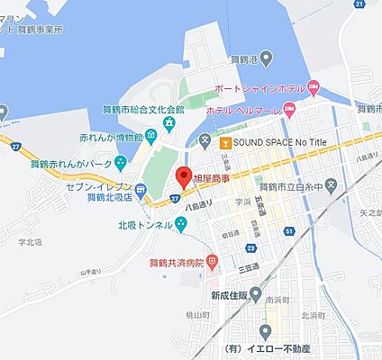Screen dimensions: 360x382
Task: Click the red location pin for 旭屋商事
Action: [183, 176]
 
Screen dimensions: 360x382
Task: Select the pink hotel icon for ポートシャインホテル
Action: [314, 87]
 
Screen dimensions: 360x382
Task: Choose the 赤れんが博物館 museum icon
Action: [149, 136]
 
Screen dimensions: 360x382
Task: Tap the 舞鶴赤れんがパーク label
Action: [71, 165]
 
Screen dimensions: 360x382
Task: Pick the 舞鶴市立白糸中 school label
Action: [296, 185]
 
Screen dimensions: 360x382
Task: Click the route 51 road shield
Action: [288, 231]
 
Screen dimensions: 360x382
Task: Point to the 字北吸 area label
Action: [31, 241]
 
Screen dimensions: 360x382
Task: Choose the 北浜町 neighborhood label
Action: [313, 315]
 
